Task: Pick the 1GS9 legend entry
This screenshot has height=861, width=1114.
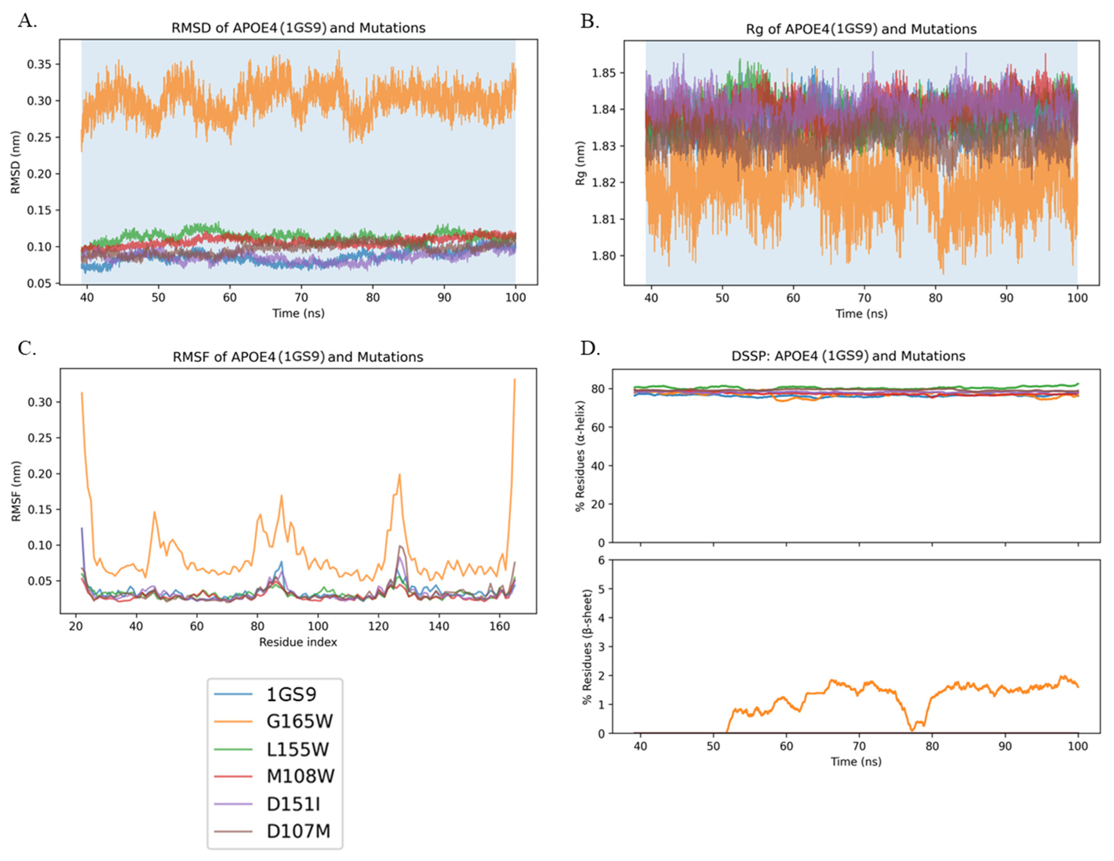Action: tap(291, 694)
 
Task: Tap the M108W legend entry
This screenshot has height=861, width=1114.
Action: tap(300, 776)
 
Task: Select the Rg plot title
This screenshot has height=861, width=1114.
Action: tap(861, 29)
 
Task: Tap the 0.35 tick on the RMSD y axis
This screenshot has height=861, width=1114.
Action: tap(40, 64)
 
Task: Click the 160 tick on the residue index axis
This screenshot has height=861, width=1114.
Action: tap(499, 626)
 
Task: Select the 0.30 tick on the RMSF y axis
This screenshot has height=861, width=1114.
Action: tap(40, 402)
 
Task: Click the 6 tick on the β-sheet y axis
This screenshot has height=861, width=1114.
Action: tap(601, 561)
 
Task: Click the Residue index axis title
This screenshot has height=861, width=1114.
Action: tap(298, 642)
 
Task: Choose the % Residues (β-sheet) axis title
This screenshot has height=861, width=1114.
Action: tap(588, 647)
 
